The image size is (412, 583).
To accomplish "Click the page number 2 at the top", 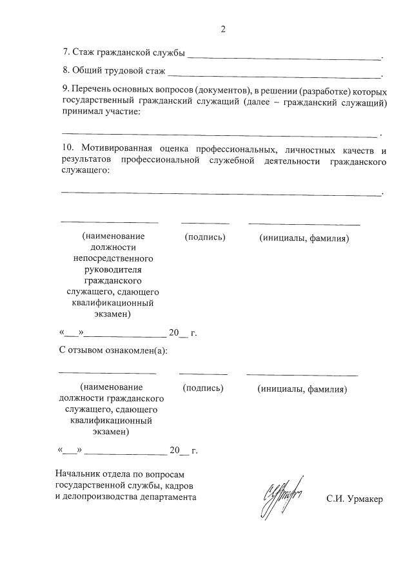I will pyautogui.click(x=223, y=29).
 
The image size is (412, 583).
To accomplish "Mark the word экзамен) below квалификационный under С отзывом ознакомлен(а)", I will pyautogui.click(x=110, y=432).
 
